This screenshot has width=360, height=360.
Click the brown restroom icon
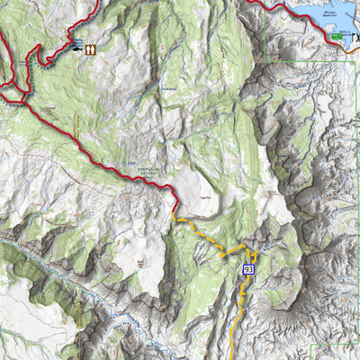[91, 49]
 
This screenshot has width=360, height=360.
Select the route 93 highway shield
[248, 269]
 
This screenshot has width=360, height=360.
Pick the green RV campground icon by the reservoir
[337, 35]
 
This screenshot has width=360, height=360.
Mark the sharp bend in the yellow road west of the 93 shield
[221, 255]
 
